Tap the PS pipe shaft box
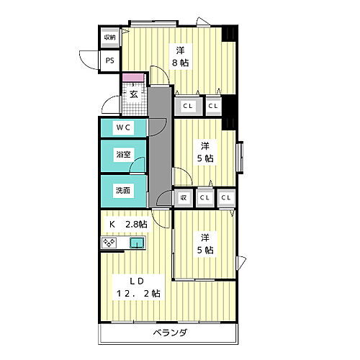coord(109,61)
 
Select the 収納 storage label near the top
coord(109,37)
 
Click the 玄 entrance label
coord(134,93)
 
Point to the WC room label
coord(123,128)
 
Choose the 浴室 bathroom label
coord(123,154)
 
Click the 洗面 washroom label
coord(123,190)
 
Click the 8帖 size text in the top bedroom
coord(179,63)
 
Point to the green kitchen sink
coord(137,243)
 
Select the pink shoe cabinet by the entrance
coord(133,77)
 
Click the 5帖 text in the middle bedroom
coord(206,158)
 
